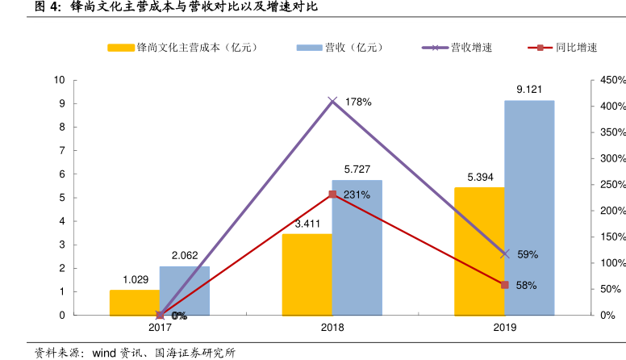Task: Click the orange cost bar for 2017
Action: pos(134,303)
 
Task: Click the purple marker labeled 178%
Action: pos(332,101)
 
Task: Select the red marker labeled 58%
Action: pos(505,285)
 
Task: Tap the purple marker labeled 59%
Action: pos(505,253)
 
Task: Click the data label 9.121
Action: pos(529,89)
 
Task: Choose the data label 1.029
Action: pos(136,279)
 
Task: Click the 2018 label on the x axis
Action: pos(332,328)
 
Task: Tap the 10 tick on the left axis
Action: pos(59,80)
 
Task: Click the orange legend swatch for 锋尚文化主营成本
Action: pos(121,48)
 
